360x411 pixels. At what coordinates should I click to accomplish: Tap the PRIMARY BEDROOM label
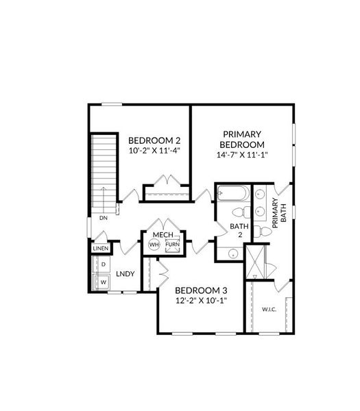tap(242, 139)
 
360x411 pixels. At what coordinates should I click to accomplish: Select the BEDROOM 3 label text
tap(202, 289)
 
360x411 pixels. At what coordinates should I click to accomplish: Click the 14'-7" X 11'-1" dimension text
tap(242, 155)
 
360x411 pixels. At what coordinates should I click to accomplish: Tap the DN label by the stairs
tap(103, 218)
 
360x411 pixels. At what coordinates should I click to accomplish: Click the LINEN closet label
tap(101, 248)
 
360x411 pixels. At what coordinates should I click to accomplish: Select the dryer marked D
tap(104, 264)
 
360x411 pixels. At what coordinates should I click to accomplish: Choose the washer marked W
tap(104, 281)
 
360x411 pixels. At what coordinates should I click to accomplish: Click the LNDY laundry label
tap(125, 274)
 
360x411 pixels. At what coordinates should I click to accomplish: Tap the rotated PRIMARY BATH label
tap(280, 211)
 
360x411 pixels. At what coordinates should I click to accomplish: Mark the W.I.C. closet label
tap(269, 309)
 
